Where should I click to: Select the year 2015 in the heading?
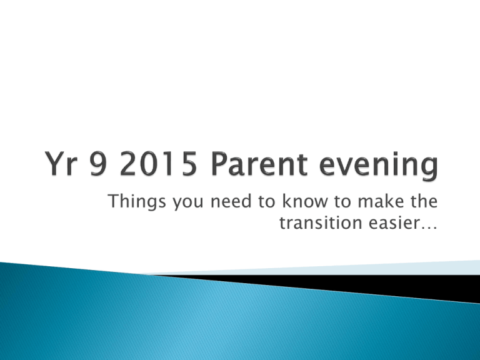(158, 164)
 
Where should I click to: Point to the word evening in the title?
(379, 166)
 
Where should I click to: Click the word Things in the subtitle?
(137, 202)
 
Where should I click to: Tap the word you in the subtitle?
(188, 203)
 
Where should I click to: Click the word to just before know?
(266, 202)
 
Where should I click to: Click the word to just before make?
(342, 202)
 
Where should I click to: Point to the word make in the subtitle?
(381, 201)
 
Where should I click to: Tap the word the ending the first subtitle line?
(424, 201)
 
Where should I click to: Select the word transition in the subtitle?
(321, 222)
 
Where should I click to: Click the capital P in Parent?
(220, 164)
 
